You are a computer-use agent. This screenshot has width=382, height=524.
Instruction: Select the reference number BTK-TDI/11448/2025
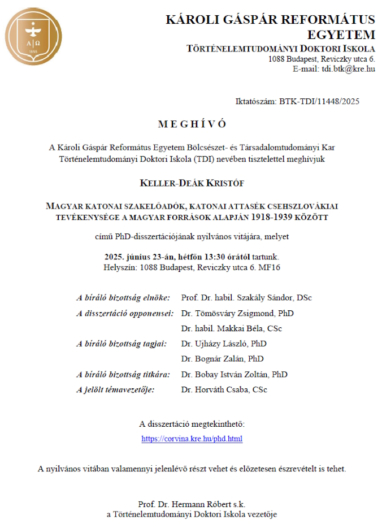pyautogui.click(x=319, y=102)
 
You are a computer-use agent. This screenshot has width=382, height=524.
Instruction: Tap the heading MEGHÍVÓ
pyautogui.click(x=192, y=124)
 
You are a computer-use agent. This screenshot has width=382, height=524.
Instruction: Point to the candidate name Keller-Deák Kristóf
pyautogui.click(x=192, y=184)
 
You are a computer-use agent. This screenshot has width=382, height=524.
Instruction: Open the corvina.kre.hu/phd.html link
pyautogui.click(x=192, y=438)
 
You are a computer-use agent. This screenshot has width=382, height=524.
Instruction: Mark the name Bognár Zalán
pyautogui.click(x=220, y=359)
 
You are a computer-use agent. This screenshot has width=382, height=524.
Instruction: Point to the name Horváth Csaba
pyautogui.click(x=221, y=389)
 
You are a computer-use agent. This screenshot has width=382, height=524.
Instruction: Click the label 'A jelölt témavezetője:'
pyautogui.click(x=115, y=389)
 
